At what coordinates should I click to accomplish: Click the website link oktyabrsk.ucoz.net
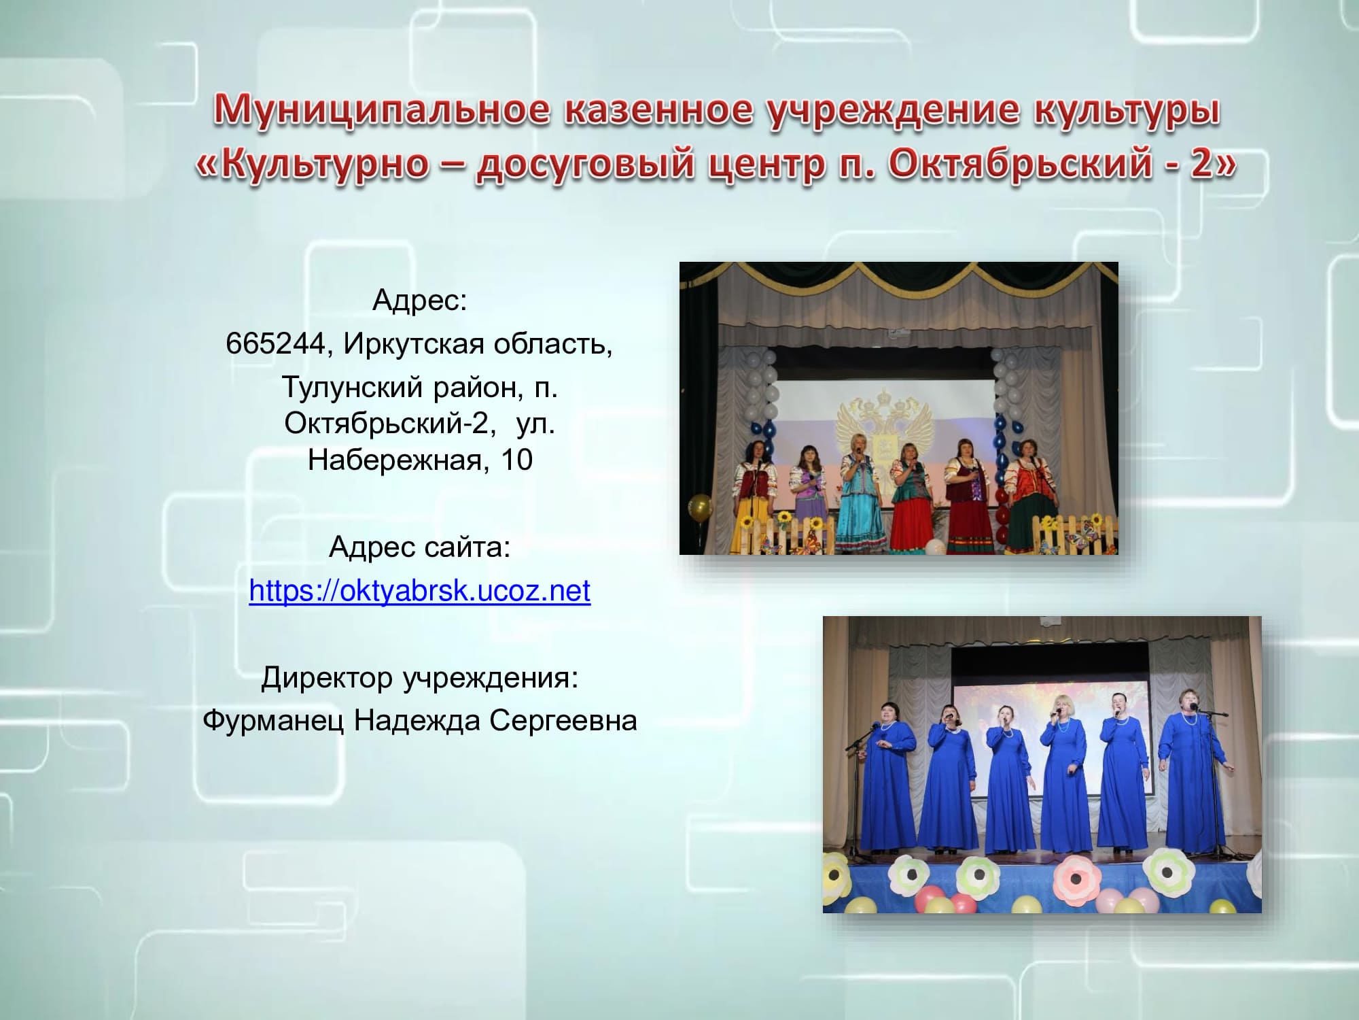point(420,590)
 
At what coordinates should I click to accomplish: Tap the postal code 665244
point(275,344)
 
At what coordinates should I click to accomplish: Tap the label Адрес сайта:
point(419,547)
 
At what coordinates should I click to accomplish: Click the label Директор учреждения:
point(419,678)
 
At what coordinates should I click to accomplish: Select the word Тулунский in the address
point(352,388)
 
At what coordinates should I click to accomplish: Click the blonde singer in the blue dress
point(1058,775)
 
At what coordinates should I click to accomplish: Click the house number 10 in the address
point(517,460)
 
